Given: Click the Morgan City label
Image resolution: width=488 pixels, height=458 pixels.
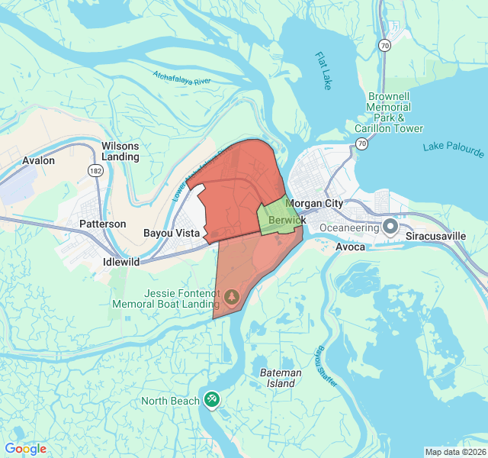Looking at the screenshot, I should tap(314, 204).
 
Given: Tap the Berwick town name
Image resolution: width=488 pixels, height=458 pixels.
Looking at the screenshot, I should tap(287, 220).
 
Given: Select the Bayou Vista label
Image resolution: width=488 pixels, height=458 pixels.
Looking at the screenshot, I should tap(172, 233).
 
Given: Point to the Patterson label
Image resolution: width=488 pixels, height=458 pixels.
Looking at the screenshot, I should tap(103, 224).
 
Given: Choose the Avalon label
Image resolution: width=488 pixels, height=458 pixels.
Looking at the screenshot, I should tap(39, 160).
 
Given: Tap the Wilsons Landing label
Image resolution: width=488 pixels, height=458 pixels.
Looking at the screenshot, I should tap(120, 151).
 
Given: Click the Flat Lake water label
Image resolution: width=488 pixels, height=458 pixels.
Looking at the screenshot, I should tap(323, 71).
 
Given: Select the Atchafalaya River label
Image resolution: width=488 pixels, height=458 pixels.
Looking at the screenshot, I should tap(181, 78).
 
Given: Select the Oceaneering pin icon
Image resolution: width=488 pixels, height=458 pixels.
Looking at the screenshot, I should tap(390, 227).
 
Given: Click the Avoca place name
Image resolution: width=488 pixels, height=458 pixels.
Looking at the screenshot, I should tap(351, 247).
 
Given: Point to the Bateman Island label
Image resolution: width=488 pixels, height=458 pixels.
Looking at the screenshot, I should tap(281, 378).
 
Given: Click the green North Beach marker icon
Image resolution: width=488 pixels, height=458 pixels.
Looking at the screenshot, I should tap(212, 399).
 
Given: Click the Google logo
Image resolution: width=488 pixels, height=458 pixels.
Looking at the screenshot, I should tap(26, 449).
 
